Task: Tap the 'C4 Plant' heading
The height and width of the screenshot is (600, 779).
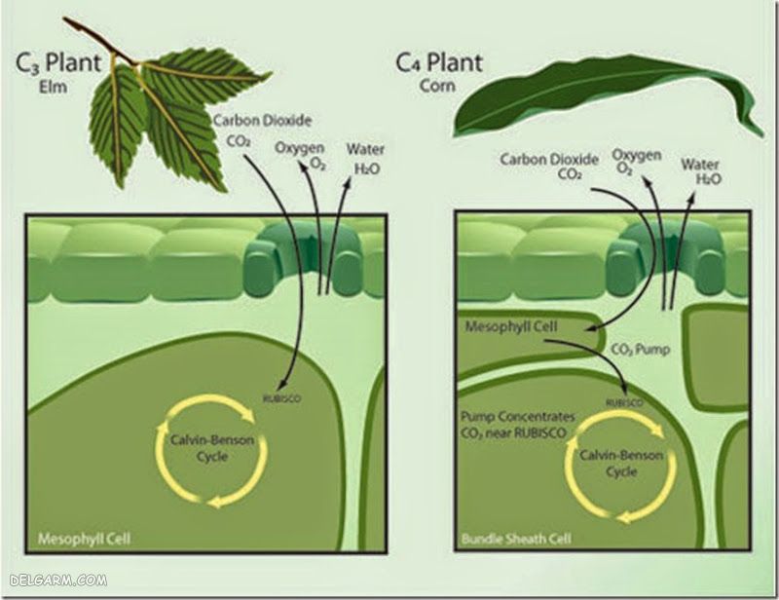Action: tap(438, 63)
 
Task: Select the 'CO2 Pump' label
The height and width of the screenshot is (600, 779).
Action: tap(634, 347)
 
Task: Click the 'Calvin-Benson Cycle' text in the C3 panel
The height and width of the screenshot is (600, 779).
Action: tap(205, 448)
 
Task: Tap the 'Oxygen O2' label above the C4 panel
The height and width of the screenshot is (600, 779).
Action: tap(637, 162)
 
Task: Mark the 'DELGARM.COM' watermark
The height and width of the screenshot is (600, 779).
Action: tap(55, 582)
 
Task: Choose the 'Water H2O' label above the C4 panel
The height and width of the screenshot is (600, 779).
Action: tap(701, 171)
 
